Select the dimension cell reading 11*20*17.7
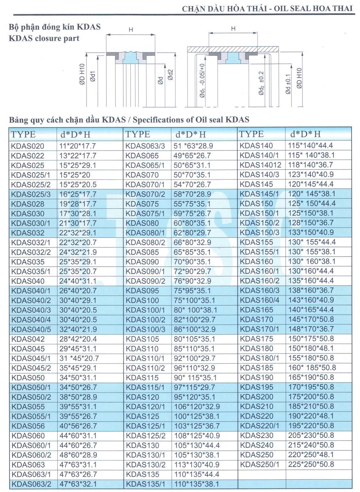tap(78, 146)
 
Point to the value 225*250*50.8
tap(312, 464)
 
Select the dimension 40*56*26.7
tap(78, 426)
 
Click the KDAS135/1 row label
tap(145, 484)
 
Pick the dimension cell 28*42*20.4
tap(78, 339)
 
